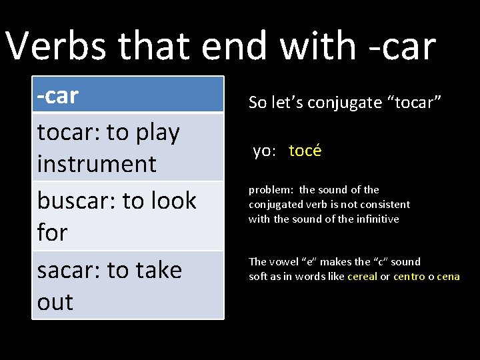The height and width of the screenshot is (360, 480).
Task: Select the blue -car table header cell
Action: (128, 95)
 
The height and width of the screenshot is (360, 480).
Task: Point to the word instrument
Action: (97, 164)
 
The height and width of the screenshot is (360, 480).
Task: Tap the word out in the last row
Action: (55, 302)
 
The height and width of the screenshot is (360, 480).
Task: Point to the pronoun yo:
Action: (264, 151)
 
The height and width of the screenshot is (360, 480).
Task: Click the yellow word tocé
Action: (305, 151)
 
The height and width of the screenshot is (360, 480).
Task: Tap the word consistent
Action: (387, 205)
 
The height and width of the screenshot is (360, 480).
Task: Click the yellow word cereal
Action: (362, 277)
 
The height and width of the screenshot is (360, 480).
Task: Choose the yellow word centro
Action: (409, 277)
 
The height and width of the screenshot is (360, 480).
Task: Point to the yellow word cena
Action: (448, 277)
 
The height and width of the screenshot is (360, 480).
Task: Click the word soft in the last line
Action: (257, 277)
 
